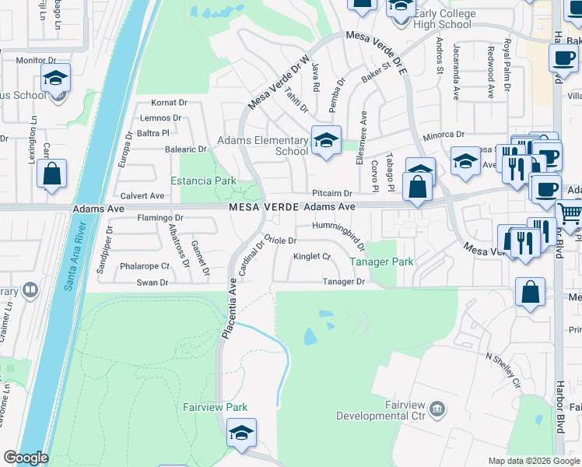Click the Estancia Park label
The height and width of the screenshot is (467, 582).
click(208, 181)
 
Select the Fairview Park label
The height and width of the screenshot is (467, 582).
click(215, 407)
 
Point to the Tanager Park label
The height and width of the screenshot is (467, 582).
click(381, 262)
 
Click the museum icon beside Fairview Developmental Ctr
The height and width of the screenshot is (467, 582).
click(436, 407)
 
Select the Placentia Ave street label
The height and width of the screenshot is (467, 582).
click(229, 308)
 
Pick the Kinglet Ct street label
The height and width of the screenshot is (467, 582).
click(311, 256)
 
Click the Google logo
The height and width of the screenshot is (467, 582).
click(26, 458)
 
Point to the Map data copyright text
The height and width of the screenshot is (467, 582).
click(533, 461)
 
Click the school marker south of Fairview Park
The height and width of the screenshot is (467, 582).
click(241, 433)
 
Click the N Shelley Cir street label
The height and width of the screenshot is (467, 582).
click(503, 370)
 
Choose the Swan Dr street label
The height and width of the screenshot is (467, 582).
click(153, 283)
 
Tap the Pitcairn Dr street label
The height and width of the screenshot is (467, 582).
click(332, 193)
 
